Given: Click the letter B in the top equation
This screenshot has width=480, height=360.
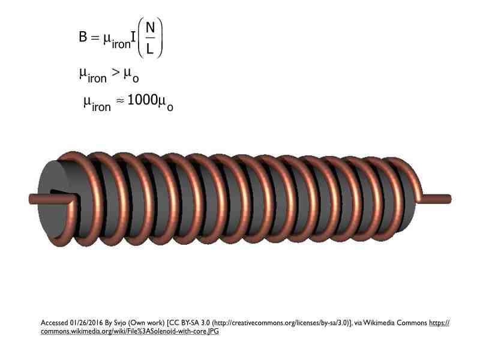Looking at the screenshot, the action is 83,37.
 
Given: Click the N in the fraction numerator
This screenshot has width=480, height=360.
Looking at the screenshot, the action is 150,28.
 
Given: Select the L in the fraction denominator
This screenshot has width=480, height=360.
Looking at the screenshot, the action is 149,49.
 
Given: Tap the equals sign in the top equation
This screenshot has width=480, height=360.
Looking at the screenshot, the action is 95,37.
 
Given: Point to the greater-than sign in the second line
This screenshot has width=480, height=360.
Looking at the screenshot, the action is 115,72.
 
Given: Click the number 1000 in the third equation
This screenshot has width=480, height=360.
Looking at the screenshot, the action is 142,100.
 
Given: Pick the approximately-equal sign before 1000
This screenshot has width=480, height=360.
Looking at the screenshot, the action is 121,100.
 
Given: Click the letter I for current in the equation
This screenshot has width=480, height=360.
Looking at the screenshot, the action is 133,37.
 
